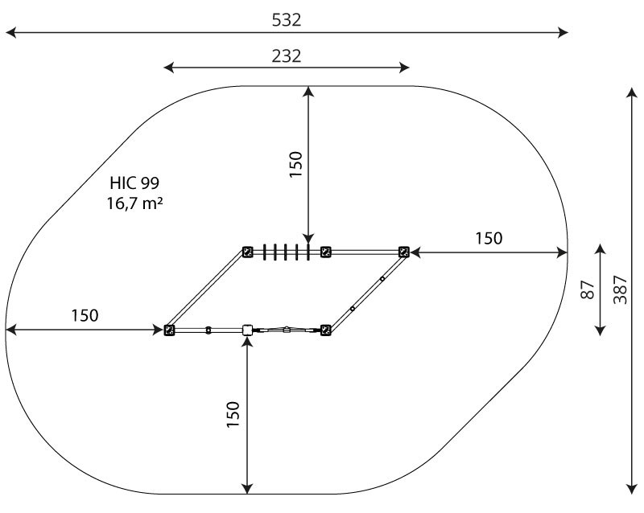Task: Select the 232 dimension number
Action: click(x=287, y=56)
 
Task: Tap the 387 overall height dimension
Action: click(x=620, y=289)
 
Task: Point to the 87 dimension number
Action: click(x=588, y=289)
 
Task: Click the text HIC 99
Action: click(x=134, y=183)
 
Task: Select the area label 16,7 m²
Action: click(x=134, y=203)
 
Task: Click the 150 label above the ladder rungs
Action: click(x=295, y=164)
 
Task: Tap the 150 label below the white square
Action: click(x=233, y=415)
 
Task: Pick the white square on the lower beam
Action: click(x=247, y=330)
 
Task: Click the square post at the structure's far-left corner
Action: click(x=169, y=330)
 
